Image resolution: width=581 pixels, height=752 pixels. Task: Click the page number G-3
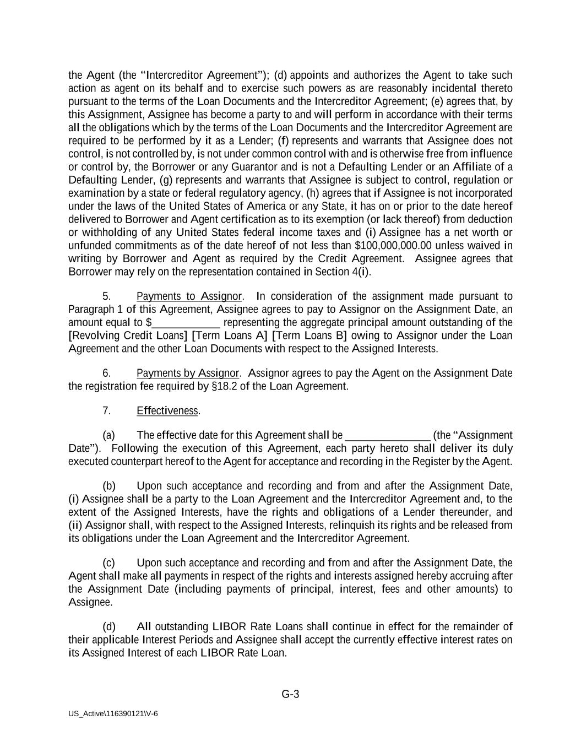coord(290,694)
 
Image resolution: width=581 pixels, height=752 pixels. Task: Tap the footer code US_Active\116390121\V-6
coord(113,713)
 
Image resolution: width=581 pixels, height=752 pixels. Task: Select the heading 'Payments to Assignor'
coord(189,296)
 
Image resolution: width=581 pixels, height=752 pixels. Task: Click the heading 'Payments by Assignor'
coord(187,373)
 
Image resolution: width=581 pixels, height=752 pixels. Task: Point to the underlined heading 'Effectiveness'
coord(167,411)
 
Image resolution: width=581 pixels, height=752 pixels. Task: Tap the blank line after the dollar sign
coord(186,323)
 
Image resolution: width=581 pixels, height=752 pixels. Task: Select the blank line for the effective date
coord(388,435)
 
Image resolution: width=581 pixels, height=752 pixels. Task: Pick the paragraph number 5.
coord(107,296)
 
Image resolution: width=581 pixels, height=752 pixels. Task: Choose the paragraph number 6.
coord(107,373)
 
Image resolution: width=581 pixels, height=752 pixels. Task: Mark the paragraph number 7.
coord(107,411)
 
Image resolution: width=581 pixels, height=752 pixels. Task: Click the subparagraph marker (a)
coord(108,435)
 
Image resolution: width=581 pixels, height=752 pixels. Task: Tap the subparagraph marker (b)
coord(108,486)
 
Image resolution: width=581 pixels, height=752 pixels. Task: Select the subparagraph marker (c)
coord(108,563)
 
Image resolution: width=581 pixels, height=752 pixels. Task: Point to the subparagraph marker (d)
coord(108,627)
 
